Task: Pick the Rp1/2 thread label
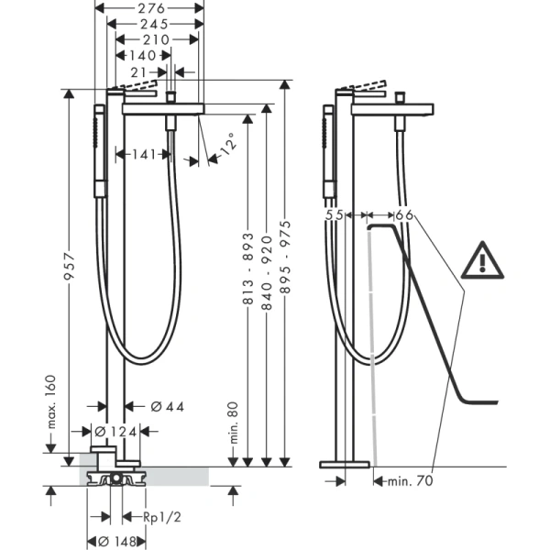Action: (164, 515)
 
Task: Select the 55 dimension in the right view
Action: (335, 214)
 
